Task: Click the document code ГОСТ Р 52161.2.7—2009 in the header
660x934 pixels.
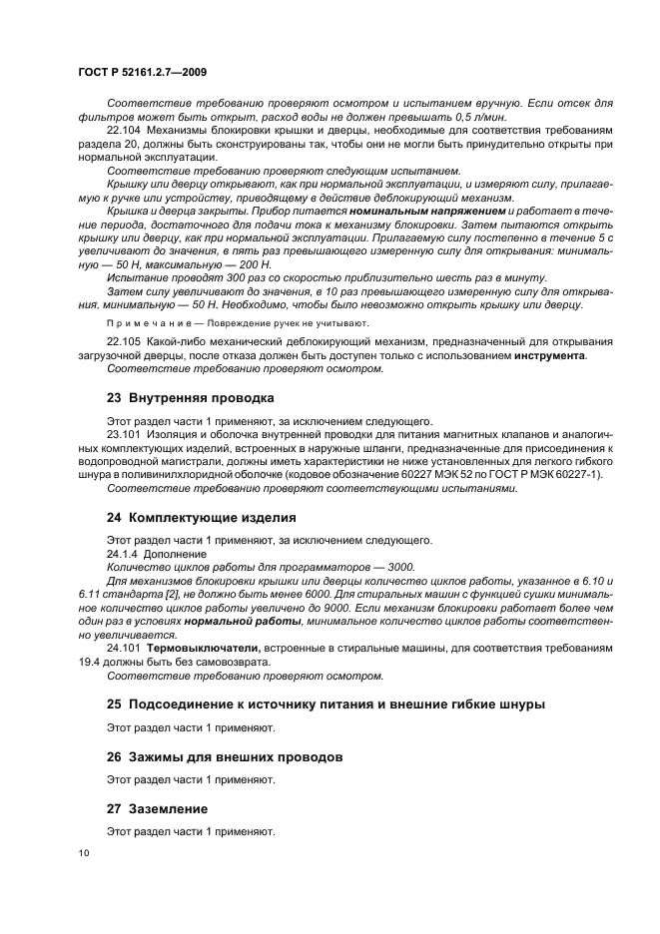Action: [x=141, y=73]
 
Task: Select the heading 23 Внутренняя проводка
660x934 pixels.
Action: [x=190, y=397]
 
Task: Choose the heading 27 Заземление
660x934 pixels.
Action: [x=157, y=808]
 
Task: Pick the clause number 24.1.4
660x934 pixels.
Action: [x=122, y=553]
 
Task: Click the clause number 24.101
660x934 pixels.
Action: [x=125, y=648]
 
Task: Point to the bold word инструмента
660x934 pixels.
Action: [x=548, y=355]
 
